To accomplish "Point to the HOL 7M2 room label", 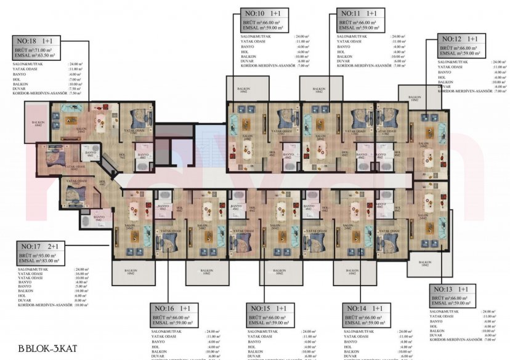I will coord(123,155).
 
